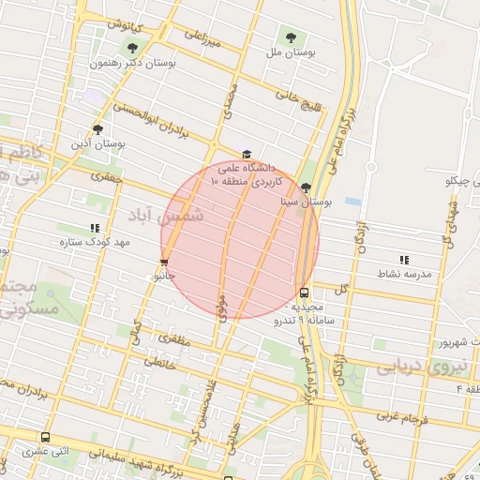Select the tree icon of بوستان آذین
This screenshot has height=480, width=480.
[x=97, y=129]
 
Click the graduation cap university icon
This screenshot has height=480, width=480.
[x=247, y=154]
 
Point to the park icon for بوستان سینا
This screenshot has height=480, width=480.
[x=307, y=187]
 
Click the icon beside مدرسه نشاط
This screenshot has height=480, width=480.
[x=404, y=259]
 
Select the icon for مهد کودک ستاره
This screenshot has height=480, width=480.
[x=95, y=227]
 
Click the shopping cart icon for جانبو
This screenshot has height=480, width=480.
[x=165, y=262]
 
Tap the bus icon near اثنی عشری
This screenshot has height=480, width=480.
[x=46, y=437]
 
